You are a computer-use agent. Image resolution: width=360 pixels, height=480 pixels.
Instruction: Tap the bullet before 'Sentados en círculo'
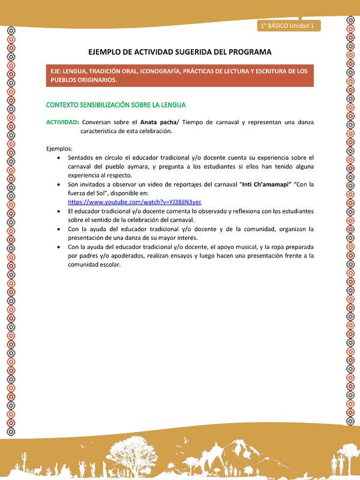[57, 158]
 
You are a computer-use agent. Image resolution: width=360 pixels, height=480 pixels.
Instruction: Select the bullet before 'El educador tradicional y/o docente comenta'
[57, 211]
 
